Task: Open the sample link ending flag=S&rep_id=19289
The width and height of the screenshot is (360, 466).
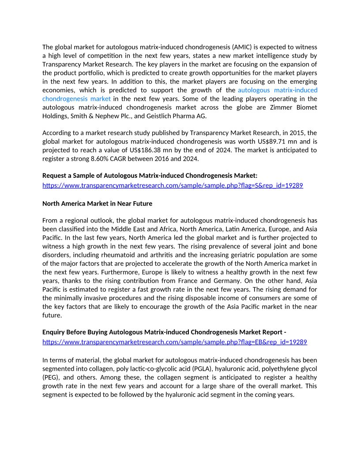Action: pos(172,185)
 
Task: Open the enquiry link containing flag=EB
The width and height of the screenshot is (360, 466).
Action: pos(175,342)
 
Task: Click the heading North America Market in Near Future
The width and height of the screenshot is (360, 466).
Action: pos(97,203)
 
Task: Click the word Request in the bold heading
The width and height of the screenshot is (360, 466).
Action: pos(55,176)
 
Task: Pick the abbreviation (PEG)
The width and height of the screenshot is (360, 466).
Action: pos(50,377)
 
